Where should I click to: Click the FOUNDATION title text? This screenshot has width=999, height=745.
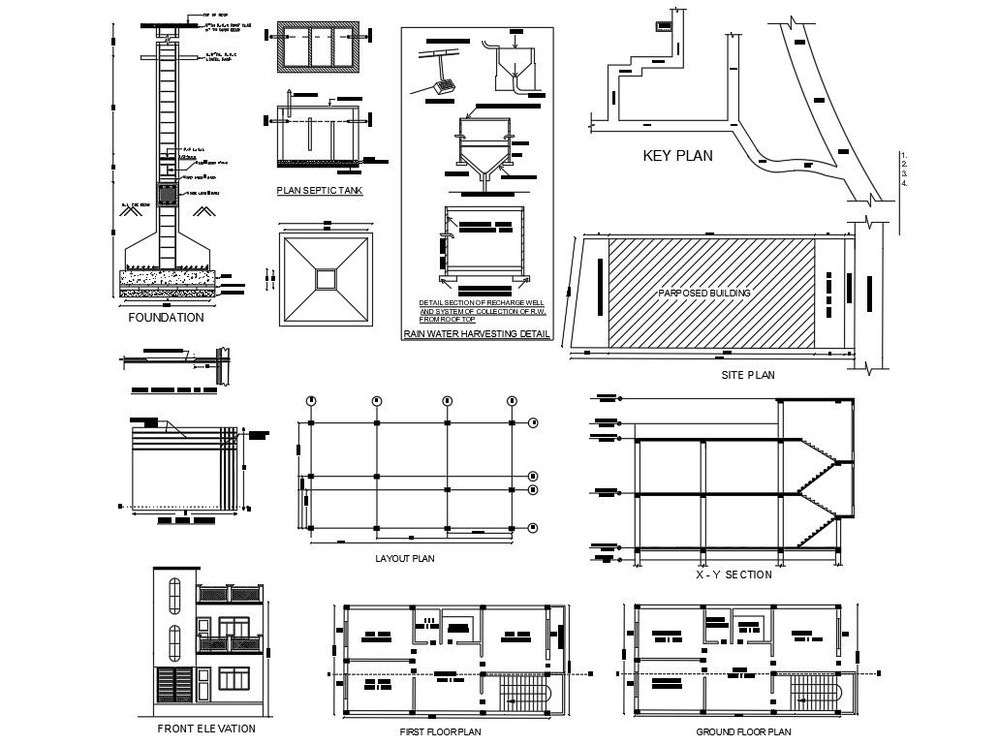166,317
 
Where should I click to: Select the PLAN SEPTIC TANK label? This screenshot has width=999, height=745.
320,191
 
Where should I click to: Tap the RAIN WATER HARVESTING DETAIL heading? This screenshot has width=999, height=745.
477,335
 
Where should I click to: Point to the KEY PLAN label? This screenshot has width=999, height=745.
677,155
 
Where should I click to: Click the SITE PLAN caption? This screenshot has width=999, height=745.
748,375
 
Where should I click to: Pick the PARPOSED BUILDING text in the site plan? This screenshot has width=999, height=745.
704,293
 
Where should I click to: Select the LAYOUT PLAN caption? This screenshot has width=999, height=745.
404,558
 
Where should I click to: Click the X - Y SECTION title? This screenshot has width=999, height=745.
734,574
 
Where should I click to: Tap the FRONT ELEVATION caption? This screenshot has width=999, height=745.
206,729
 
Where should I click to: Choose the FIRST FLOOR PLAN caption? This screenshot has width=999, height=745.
440,732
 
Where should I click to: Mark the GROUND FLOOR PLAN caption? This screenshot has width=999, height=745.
743,732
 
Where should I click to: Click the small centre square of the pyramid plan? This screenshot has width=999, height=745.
326,279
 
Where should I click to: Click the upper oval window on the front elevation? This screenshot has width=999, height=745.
174,593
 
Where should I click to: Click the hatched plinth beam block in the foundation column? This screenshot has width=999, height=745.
169,194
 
